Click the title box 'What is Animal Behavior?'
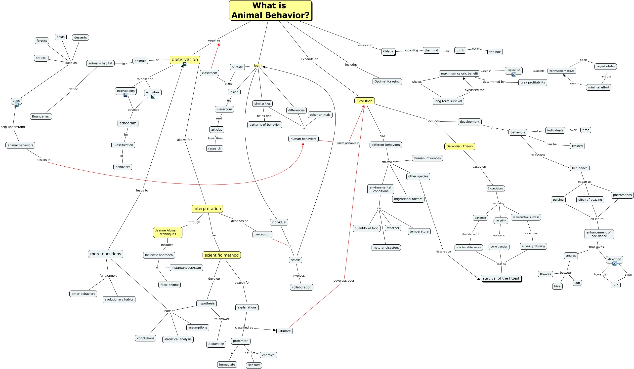[270, 10]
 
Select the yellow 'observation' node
[185, 60]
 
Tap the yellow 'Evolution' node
[364, 101]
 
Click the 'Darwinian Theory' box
[460, 146]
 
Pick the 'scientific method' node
[222, 255]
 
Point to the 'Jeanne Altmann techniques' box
[168, 232]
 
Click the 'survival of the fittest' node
[501, 278]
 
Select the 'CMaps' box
[388, 52]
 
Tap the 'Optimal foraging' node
[387, 81]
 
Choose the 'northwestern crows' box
[562, 71]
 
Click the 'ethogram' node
[128, 123]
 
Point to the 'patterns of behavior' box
[264, 125]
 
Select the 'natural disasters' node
[386, 248]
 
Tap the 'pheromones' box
[622, 195]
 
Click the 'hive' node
[557, 286]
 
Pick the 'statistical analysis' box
[178, 339]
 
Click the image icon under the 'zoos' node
[16, 105]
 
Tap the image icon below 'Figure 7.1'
[514, 74]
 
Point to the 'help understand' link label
[13, 127]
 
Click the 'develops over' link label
[344, 281]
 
